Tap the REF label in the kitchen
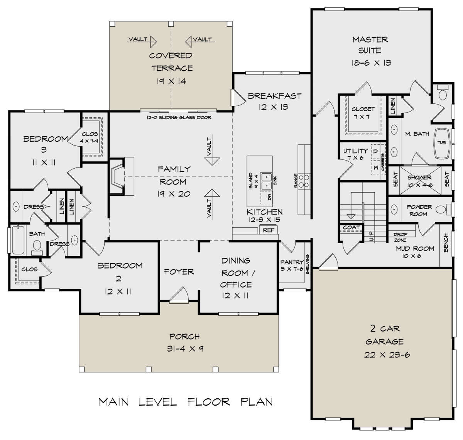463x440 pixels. pos(268,230)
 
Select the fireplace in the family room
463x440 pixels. pos(117,176)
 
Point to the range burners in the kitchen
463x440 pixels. pos(304,181)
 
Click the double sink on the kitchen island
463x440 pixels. pos(267,181)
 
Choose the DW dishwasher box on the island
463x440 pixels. pos(267,198)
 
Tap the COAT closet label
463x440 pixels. pos(351,227)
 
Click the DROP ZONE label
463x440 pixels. pos(400,237)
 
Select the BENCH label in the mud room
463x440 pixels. pos(446,243)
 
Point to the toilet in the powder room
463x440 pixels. pos(443,209)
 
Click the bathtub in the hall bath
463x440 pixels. pos(18,240)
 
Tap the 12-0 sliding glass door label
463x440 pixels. pos(179,117)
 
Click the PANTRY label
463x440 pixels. pos(292,262)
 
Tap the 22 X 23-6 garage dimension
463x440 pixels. pos(387,355)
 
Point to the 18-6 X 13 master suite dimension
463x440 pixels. pos(372,63)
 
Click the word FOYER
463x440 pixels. pos(179,272)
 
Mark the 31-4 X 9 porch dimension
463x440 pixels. pos(185,349)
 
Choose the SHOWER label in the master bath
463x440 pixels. pos(419,178)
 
